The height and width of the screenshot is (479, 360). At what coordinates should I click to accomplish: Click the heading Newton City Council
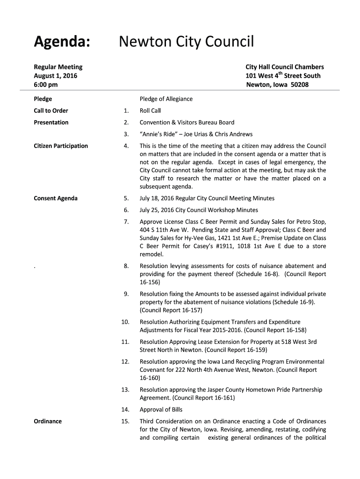(186, 43)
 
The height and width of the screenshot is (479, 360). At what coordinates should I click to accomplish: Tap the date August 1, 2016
(56, 76)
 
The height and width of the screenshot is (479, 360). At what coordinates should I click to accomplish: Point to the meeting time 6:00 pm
(46, 85)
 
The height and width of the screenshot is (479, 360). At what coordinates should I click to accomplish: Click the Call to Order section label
(51, 111)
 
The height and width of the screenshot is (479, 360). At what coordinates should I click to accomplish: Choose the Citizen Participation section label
(61, 146)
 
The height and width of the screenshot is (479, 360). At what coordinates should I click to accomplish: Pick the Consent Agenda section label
(56, 198)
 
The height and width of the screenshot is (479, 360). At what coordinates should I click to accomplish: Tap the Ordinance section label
(48, 421)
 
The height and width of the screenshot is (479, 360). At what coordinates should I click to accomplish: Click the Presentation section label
(51, 123)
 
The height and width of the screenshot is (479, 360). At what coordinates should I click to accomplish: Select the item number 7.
(126, 222)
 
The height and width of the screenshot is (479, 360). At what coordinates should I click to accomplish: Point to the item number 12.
(125, 362)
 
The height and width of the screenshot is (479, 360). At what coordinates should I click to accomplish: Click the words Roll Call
(150, 111)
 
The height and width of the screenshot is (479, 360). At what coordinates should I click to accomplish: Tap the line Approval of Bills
(162, 410)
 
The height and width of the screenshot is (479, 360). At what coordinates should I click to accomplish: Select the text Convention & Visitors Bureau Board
(187, 123)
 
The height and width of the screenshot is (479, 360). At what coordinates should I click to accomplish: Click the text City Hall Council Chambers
(285, 67)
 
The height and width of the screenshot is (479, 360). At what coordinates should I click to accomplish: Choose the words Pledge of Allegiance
(166, 99)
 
